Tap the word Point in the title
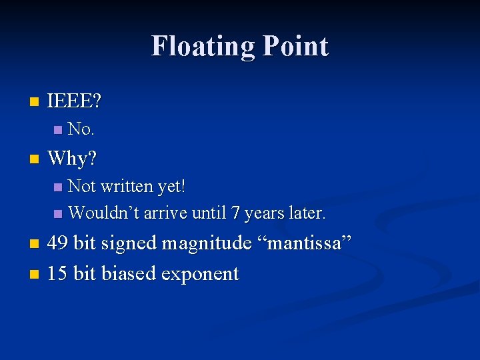[295, 46]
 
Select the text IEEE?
[75, 102]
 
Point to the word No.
[81, 128]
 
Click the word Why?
[72, 159]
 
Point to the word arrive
[166, 213]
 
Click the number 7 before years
[235, 213]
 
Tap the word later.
[306, 213]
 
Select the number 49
[57, 243]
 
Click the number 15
[57, 273]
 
